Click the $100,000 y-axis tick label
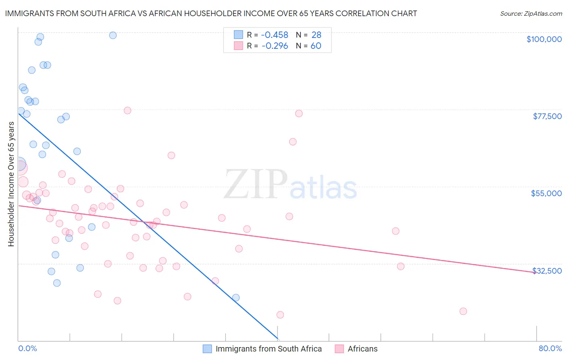point(544,39)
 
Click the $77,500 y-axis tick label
point(547,116)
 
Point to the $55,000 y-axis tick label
point(546,193)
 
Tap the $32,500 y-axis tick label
point(547,271)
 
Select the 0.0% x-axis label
point(27,348)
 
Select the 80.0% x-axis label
point(550,348)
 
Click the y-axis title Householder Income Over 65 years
point(11,184)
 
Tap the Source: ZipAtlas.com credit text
point(531,13)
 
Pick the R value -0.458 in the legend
point(275,35)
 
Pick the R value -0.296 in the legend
point(275,46)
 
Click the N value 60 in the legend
point(316,46)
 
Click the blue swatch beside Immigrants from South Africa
point(207,349)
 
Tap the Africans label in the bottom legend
point(363,349)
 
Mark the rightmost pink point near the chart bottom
point(463,311)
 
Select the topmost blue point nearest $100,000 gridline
point(113,35)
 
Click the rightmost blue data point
point(236,297)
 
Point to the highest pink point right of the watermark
point(299,113)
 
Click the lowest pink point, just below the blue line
point(280,315)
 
